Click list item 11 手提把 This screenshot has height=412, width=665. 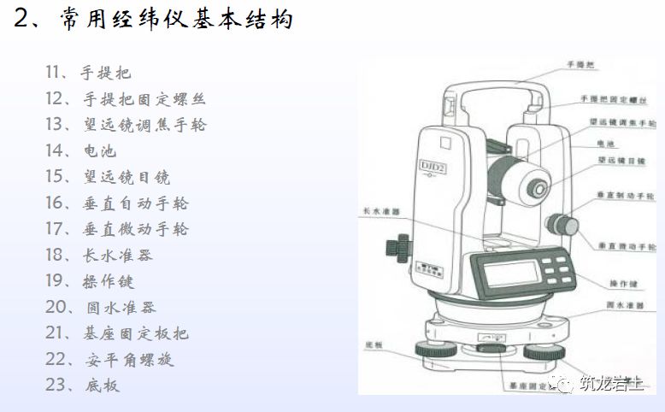(89, 73)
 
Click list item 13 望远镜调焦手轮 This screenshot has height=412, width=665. (126, 125)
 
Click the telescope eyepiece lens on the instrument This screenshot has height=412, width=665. (538, 187)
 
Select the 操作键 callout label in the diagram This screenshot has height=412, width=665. (601, 282)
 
